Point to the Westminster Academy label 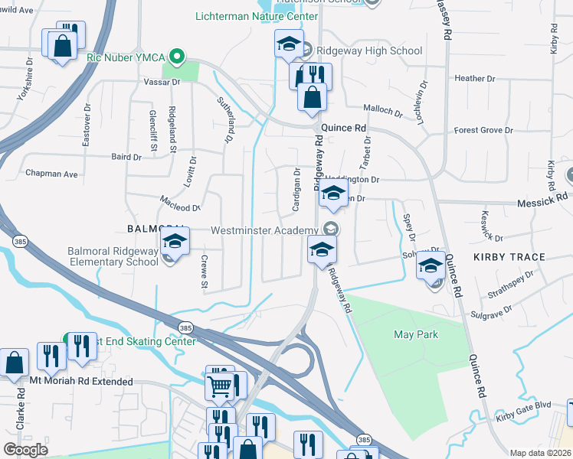pos(264,230)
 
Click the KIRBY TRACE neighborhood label pos(509,257)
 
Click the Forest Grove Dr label pos(483,130)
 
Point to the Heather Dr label pos(470,79)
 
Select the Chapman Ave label pos(52,174)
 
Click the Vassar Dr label pos(161,81)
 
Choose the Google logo pos(26,449)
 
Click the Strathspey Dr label pos(510,284)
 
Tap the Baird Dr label pos(126,157)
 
